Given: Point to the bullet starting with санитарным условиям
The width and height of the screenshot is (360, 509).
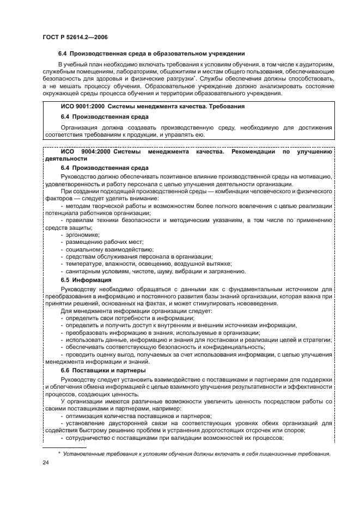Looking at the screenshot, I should click(155, 271).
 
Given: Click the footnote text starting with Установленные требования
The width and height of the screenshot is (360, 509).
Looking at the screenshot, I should click(197, 453).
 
